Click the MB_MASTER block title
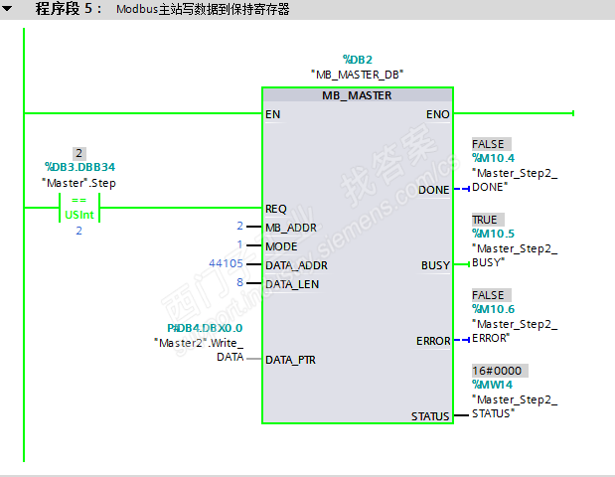click(357, 95)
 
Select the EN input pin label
click(272, 114)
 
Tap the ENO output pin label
click(437, 114)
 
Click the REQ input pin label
click(276, 209)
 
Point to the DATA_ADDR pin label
click(296, 265)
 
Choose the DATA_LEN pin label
click(292, 284)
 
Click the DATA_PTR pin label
click(291, 360)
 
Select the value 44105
click(226, 265)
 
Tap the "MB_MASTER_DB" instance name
click(357, 75)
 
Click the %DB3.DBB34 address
click(86, 168)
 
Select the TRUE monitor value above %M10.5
click(485, 220)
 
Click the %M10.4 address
click(493, 158)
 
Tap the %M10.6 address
click(493, 310)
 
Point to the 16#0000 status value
click(496, 371)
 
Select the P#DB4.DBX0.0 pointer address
click(205, 327)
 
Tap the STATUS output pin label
click(430, 415)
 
